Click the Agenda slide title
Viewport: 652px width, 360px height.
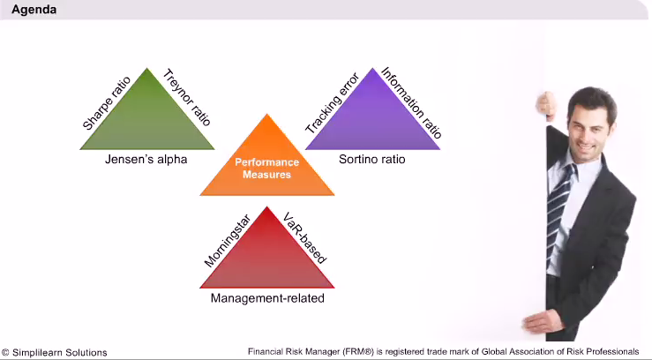click(34, 10)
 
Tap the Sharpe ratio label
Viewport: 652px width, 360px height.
click(107, 103)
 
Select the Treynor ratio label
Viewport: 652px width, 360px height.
click(187, 97)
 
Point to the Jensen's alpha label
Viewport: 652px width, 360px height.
click(146, 159)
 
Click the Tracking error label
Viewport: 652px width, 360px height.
click(333, 103)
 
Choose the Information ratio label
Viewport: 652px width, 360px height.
click(411, 102)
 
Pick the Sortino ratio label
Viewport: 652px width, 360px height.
click(371, 159)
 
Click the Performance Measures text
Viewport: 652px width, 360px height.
click(267, 169)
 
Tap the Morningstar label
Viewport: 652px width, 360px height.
click(228, 241)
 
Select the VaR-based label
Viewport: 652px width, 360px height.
click(304, 237)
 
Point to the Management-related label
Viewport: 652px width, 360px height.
click(267, 298)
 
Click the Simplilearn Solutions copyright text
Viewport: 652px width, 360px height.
click(55, 353)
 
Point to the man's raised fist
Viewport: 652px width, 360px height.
click(545, 104)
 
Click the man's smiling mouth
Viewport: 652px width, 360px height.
click(587, 147)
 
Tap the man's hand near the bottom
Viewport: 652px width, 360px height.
click(537, 321)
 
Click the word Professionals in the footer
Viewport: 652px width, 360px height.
click(611, 352)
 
